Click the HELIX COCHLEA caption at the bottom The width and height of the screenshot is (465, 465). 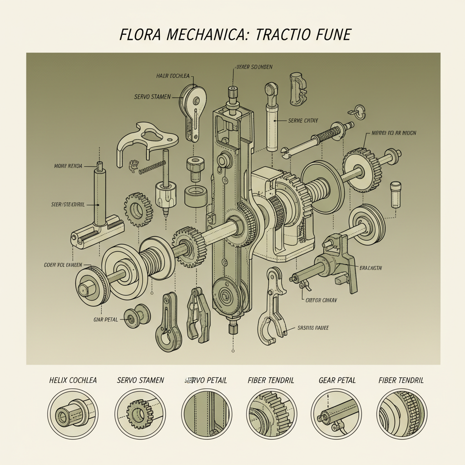click(x=73, y=380)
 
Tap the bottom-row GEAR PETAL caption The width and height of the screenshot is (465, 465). click(x=337, y=380)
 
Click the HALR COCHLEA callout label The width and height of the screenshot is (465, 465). click(x=173, y=76)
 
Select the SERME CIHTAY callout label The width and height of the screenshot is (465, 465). click(x=303, y=121)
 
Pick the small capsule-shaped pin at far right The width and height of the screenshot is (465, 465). click(x=396, y=194)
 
